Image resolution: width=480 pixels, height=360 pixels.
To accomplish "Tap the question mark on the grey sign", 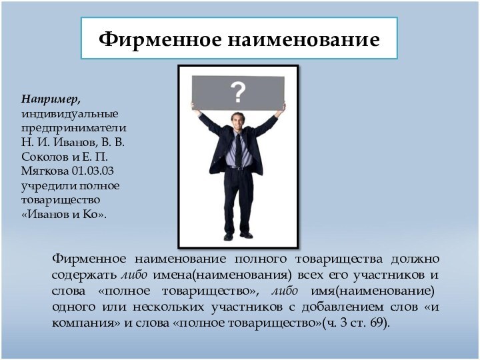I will [x=238, y=91].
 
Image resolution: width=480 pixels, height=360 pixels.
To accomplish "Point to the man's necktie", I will [x=238, y=150].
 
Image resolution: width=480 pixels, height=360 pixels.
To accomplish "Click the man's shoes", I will [x=237, y=236].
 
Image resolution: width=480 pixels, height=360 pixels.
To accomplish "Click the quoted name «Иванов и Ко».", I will [x=64, y=215].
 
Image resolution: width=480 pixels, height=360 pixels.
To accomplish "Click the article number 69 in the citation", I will [x=377, y=323].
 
